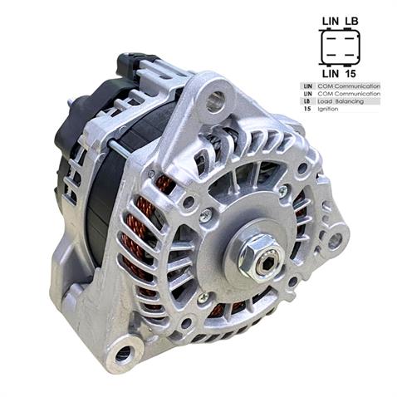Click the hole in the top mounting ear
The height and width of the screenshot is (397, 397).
click(216, 102)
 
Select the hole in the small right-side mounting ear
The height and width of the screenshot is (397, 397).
click(334, 242)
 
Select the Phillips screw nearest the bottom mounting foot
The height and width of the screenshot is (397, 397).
click(202, 297)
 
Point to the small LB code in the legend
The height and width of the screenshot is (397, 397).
click(306, 100)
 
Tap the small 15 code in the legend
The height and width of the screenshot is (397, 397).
click(306, 109)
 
